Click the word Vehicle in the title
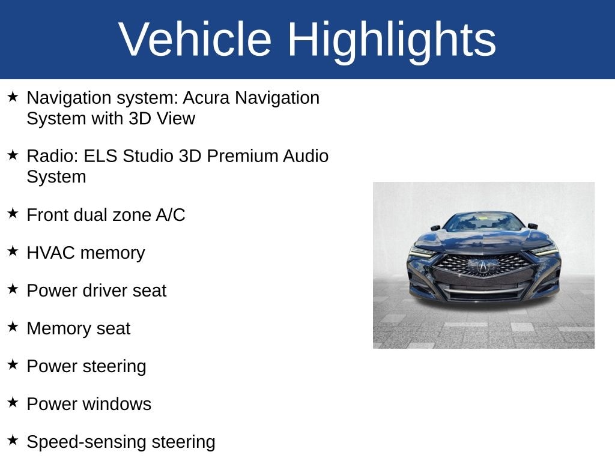[195, 39]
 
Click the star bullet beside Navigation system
[13, 97]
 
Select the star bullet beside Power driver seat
[13, 289]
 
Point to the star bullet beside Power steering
[13, 365]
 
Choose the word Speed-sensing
[86, 442]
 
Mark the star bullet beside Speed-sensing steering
[13, 441]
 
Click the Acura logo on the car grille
[483, 267]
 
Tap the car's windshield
[483, 222]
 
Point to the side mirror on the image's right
[533, 226]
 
